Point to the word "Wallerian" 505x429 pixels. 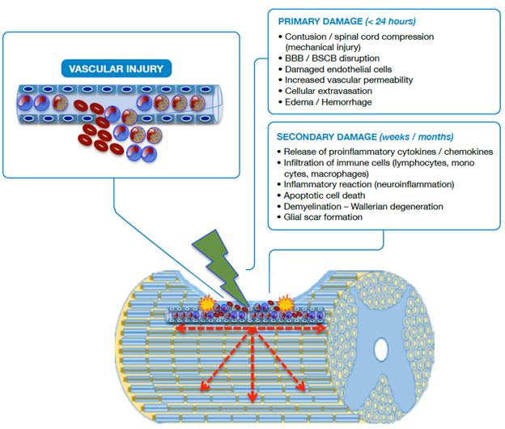coord(375,206)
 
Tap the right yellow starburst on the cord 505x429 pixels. coord(286,304)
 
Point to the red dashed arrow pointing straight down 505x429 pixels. coord(252,365)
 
